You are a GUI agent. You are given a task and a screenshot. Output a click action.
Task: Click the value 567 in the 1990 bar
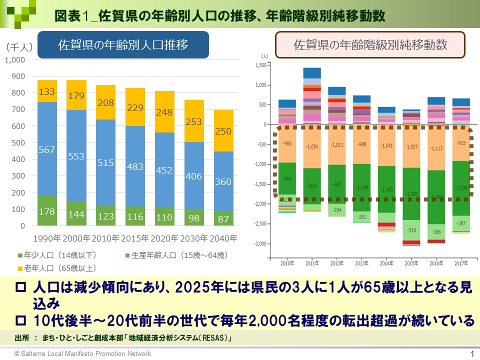tap(47, 149)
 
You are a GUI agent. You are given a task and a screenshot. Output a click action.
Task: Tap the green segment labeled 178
tap(47, 212)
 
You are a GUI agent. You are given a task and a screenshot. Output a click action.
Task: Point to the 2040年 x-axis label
tap(223, 238)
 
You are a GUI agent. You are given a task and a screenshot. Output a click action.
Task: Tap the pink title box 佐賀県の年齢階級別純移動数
tap(370, 45)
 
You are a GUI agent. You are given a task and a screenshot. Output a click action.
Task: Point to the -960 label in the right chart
tap(287, 144)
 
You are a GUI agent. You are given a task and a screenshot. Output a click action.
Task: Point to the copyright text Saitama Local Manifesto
tap(82, 354)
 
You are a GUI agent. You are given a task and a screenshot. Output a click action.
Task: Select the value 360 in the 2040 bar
tap(223, 182)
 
